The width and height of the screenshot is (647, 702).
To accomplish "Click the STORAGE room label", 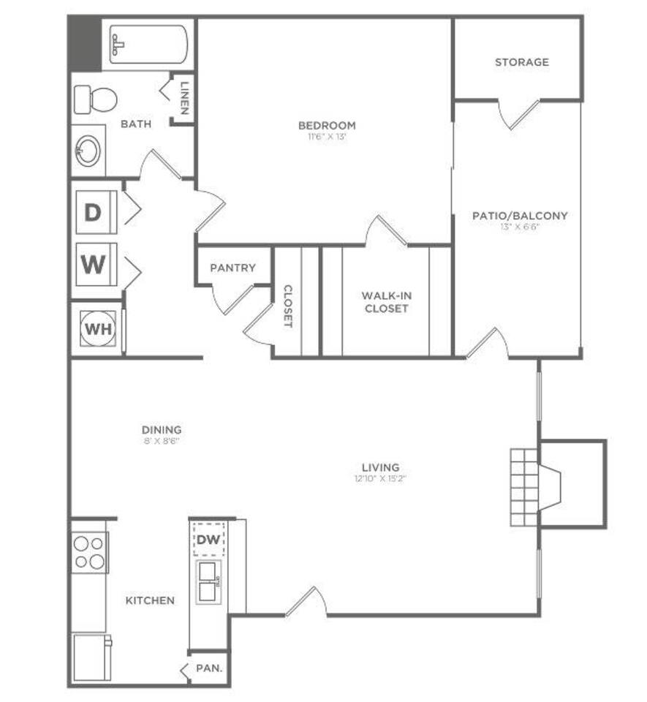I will (521, 62).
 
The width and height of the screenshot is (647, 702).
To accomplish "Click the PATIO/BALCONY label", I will (520, 216).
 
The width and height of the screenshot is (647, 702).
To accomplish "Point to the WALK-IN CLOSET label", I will (385, 302).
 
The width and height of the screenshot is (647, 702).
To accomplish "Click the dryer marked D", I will (93, 212).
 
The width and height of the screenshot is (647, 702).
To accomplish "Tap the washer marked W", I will (93, 264).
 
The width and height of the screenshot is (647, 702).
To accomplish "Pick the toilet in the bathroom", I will (96, 99).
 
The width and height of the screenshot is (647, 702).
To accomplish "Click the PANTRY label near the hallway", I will (232, 268).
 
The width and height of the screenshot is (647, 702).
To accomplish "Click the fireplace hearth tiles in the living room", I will (523, 486).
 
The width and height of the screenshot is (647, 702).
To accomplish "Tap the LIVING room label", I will (380, 467).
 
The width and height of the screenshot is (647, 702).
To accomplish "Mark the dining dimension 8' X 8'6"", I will (162, 441).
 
